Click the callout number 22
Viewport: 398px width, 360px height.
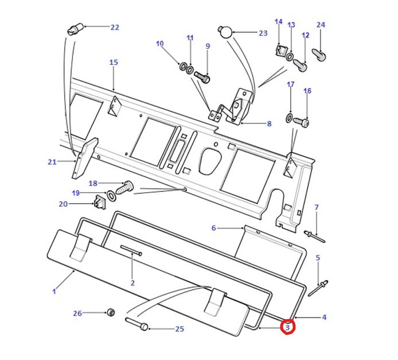(114, 27)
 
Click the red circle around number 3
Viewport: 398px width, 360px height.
(287, 327)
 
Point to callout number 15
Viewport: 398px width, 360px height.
(113, 62)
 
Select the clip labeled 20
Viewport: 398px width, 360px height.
(101, 202)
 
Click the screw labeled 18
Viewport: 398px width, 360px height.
(126, 186)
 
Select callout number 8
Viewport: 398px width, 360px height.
(268, 123)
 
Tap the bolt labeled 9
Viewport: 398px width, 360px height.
(202, 75)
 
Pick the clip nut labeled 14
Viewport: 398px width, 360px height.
(280, 52)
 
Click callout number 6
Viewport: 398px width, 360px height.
(213, 228)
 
